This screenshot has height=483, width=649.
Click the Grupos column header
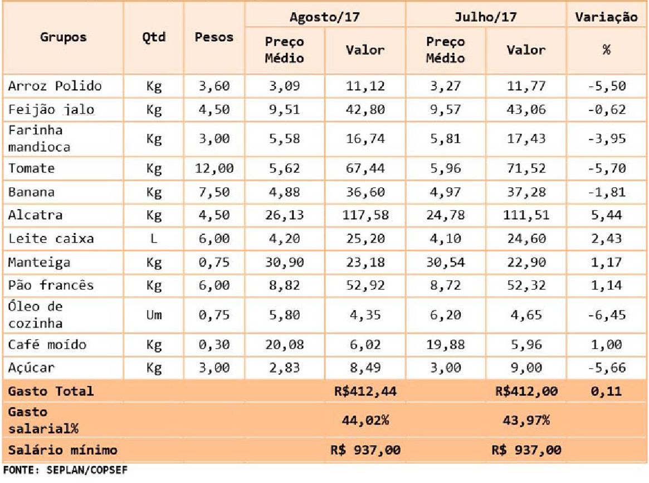(64, 37)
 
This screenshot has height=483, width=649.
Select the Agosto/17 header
(324, 17)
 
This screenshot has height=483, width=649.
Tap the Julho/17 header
(486, 17)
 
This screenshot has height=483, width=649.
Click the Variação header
(606, 17)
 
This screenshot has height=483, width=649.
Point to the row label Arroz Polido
(55, 86)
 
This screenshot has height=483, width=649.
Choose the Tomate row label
(31, 168)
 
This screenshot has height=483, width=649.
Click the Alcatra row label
(35, 215)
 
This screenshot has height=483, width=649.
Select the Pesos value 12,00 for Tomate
(214, 168)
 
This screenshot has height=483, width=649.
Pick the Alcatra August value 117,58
(365, 215)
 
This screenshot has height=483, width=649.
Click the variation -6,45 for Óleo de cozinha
(606, 315)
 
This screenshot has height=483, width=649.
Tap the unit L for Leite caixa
(154, 239)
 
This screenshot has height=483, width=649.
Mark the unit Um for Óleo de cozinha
(154, 315)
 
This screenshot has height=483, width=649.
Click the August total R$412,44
(365, 391)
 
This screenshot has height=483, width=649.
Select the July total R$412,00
(526, 391)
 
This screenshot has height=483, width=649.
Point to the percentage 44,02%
(365, 421)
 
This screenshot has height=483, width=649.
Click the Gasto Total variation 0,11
(606, 391)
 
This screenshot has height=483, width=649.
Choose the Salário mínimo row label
(62, 450)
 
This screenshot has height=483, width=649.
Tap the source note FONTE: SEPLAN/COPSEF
(65, 470)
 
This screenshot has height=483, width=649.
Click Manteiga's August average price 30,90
(285, 262)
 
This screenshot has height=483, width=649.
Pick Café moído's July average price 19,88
(445, 345)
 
